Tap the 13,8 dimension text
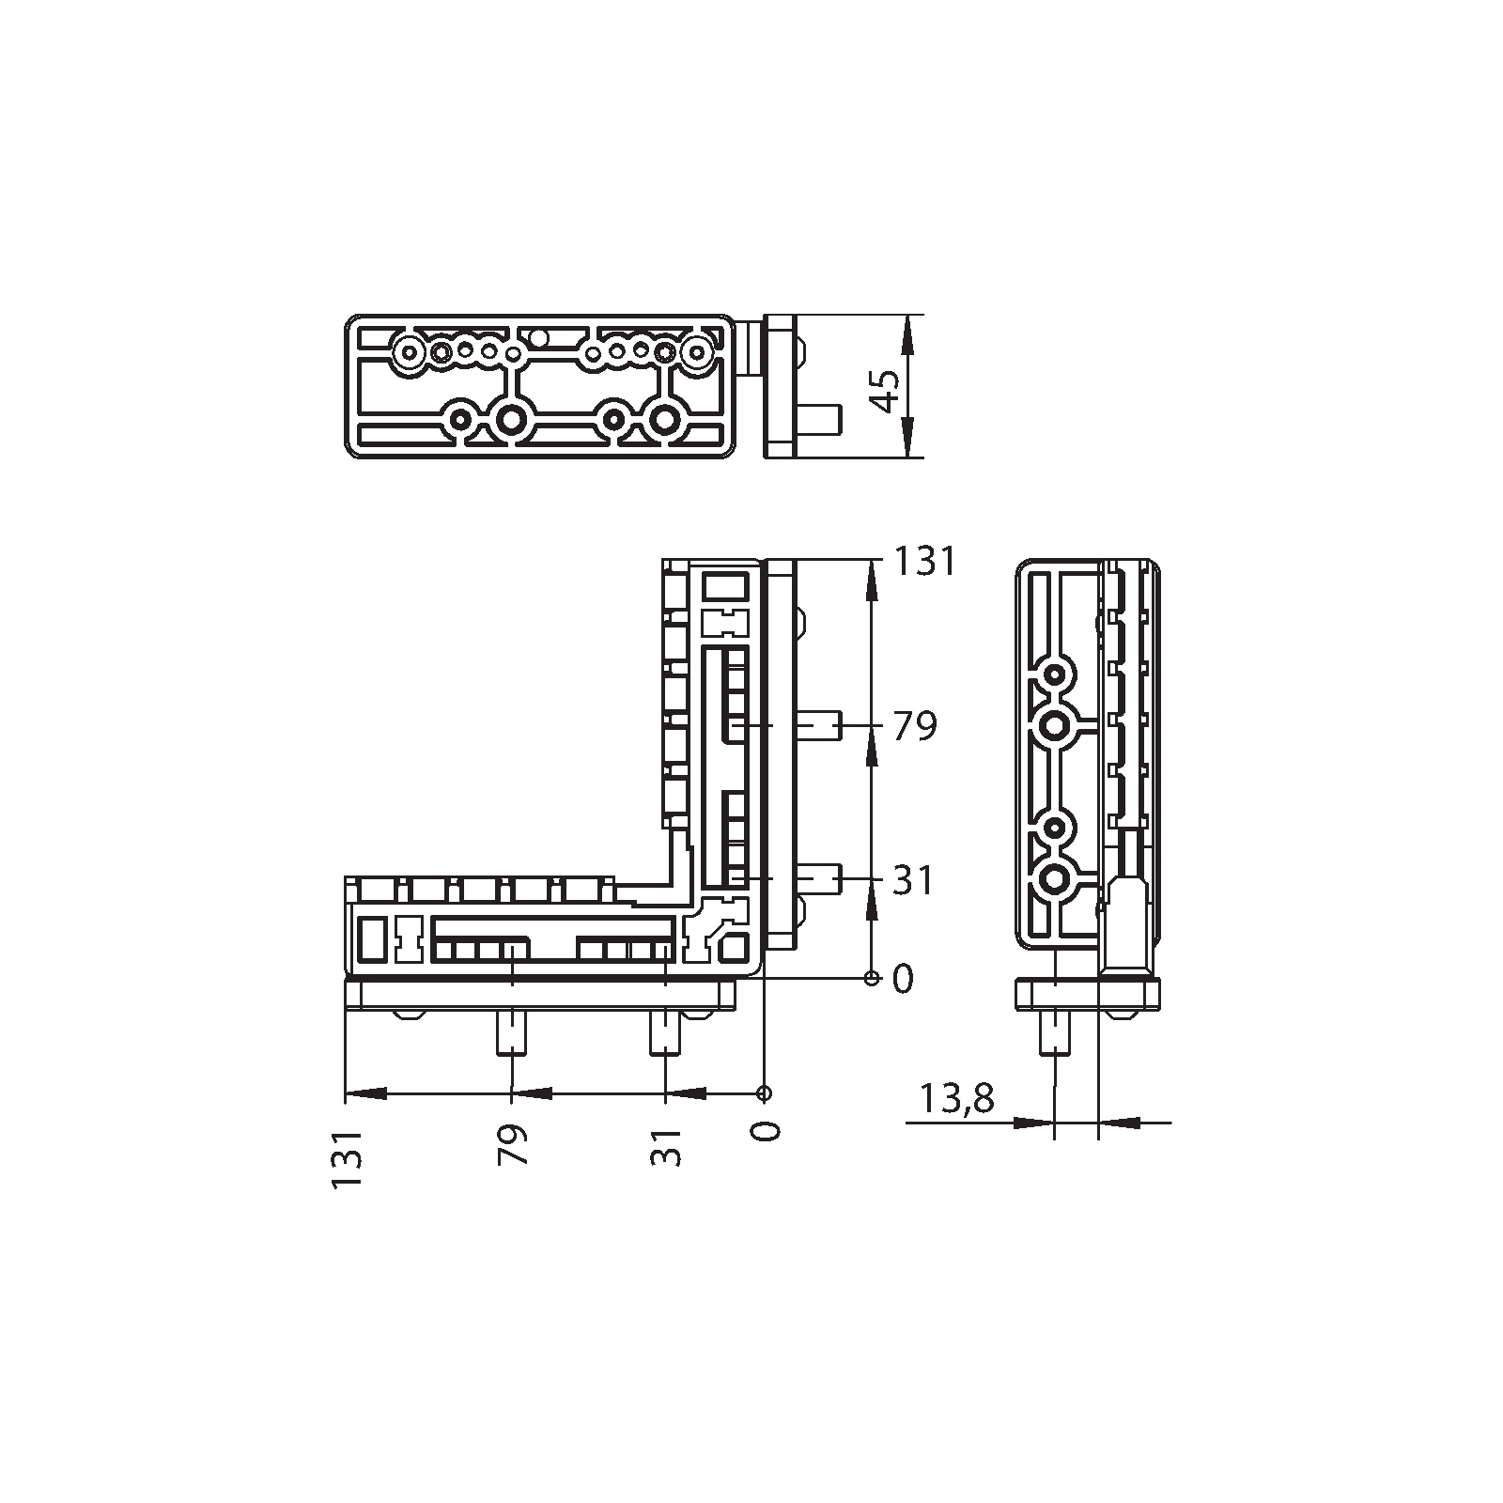point(956,1097)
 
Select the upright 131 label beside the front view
point(923,562)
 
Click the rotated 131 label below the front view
point(347,1160)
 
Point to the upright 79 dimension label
point(915,726)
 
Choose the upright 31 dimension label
point(913,881)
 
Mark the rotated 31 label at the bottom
point(666,1145)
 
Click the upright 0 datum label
point(903,980)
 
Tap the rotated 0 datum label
point(767,1130)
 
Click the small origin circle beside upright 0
point(872,979)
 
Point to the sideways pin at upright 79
point(819,726)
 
